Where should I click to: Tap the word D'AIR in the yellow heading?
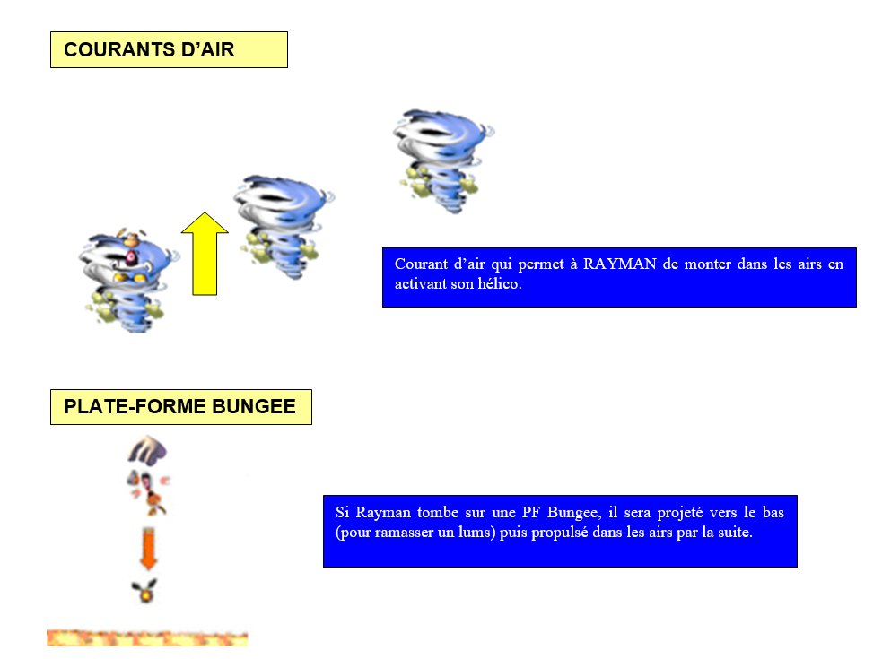click(207, 49)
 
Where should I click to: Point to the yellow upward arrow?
click(205, 254)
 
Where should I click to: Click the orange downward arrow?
click(148, 549)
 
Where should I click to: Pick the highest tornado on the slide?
click(443, 161)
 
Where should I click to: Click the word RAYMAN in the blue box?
click(619, 264)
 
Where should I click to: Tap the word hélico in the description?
click(500, 283)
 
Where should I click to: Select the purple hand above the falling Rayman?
click(147, 450)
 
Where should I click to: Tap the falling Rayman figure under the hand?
click(149, 492)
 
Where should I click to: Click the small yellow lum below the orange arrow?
click(144, 591)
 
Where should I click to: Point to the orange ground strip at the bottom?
click(147, 637)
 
